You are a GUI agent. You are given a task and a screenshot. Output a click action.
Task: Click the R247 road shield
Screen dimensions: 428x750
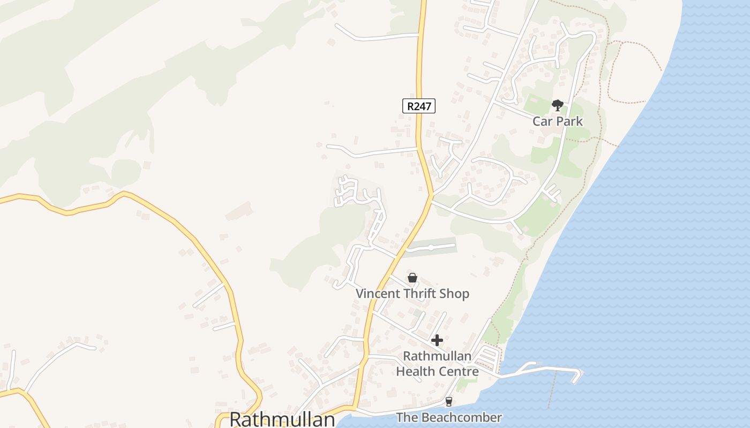tap(418, 106)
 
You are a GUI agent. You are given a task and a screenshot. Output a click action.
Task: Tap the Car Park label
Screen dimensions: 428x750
tap(557, 121)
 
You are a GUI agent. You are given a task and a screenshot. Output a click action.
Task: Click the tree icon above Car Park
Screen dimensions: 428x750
tap(557, 105)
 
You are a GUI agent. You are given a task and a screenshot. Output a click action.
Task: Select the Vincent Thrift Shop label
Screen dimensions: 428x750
tap(412, 293)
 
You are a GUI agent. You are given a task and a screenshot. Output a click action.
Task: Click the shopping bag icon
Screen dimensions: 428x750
tap(412, 278)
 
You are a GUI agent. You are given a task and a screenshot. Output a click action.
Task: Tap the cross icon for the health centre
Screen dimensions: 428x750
tap(437, 340)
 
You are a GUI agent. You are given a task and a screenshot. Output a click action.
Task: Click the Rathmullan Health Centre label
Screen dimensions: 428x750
tap(437, 363)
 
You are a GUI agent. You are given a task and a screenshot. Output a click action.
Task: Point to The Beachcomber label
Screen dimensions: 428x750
tap(449, 417)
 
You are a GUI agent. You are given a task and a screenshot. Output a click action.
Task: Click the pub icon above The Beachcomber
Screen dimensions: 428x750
tap(449, 402)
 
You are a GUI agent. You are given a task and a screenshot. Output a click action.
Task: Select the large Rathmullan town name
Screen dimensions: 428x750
tap(282, 419)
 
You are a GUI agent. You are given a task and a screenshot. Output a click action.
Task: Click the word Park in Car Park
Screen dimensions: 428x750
tap(569, 121)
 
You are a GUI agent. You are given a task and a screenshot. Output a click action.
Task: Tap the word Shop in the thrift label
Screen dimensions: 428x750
tap(454, 293)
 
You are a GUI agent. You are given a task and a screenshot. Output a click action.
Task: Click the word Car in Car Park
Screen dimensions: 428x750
tap(542, 121)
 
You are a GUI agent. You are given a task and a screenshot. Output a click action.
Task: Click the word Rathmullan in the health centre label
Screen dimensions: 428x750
tap(437, 356)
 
